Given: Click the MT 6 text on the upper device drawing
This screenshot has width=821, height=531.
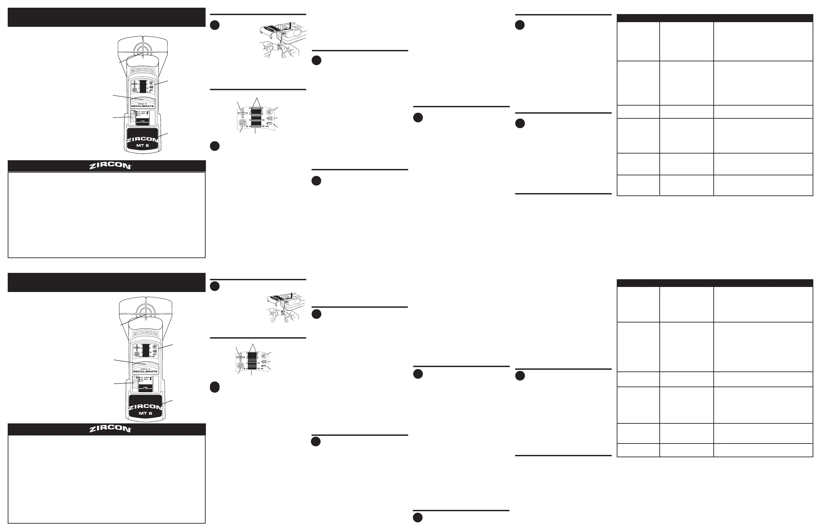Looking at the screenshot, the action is pyautogui.click(x=142, y=145).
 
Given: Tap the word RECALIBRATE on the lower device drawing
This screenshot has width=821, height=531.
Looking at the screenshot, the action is pyautogui.click(x=145, y=372).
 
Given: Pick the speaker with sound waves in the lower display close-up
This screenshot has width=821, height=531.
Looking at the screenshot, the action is pyautogui.click(x=264, y=361).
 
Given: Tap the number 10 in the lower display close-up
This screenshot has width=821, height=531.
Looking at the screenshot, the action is pyautogui.click(x=258, y=363).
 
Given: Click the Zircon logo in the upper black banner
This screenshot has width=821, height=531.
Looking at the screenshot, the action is pyautogui.click(x=110, y=166).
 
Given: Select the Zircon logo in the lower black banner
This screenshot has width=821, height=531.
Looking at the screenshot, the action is pyautogui.click(x=110, y=429).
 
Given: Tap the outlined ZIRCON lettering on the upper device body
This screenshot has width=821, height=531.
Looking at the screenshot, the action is pyautogui.click(x=143, y=71).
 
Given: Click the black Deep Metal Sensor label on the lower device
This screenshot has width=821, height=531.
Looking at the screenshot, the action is pyautogui.click(x=145, y=388).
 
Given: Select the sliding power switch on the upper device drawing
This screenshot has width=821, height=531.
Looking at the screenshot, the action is pyautogui.click(x=132, y=118).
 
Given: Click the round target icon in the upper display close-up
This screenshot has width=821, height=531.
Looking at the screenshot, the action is pyautogui.click(x=243, y=124).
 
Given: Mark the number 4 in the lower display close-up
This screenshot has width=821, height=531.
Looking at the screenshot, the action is pyautogui.click(x=247, y=363).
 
